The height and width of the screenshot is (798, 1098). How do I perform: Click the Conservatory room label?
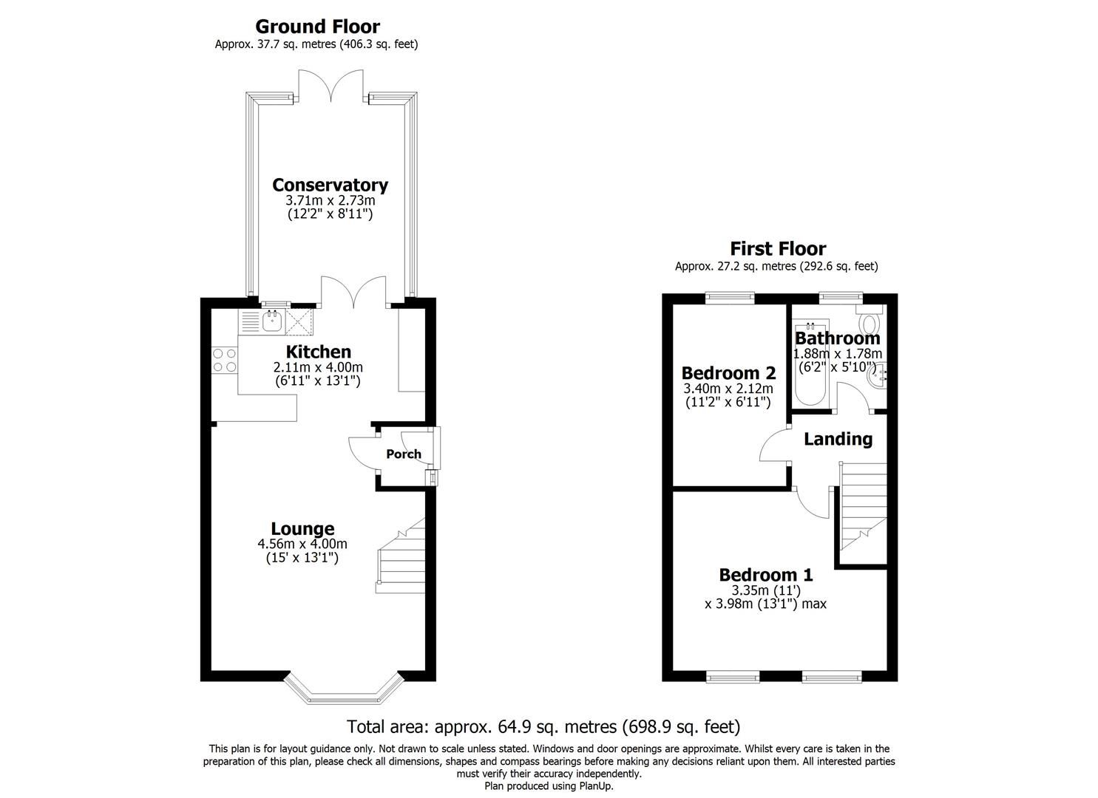coord(330,185)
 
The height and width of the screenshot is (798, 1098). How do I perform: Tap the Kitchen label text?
coord(318,352)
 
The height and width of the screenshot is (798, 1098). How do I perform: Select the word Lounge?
coord(302,529)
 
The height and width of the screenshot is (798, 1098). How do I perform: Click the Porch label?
coord(404,454)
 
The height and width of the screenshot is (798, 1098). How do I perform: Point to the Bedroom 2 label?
coord(728,372)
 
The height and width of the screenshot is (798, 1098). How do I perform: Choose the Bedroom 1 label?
coord(766,575)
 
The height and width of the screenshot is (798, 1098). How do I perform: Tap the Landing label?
coord(838,439)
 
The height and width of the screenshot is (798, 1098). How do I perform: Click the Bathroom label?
coord(837,338)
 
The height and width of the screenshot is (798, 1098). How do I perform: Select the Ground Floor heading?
coord(317,27)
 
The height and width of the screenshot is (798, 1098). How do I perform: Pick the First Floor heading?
coord(778,248)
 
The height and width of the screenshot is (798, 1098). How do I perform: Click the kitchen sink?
coord(273,321)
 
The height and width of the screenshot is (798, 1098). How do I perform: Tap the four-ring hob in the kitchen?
coord(225,360)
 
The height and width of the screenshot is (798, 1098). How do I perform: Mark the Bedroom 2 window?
coord(729,298)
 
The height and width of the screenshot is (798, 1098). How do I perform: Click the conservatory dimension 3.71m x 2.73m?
coord(330,200)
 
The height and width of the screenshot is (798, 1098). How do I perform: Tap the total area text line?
coord(543,726)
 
